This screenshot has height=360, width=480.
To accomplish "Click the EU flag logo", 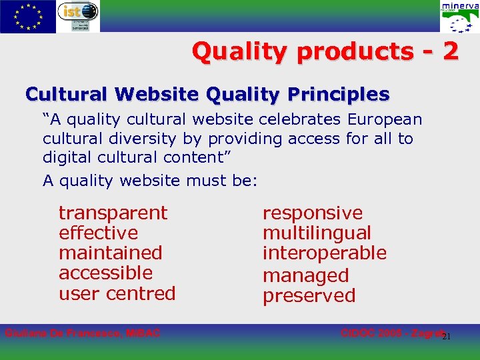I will click(x=28, y=16).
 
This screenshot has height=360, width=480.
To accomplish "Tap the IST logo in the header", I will click(x=78, y=16).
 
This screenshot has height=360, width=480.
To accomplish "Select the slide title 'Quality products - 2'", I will click(x=325, y=51).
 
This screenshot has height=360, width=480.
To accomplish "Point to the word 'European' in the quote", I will click(x=385, y=119).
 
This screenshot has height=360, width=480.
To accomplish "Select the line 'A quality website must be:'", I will click(x=149, y=180).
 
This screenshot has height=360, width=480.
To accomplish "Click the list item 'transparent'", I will click(x=113, y=213).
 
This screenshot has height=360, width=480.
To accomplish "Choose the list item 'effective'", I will click(x=98, y=233).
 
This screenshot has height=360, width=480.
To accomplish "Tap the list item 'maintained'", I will click(x=110, y=253).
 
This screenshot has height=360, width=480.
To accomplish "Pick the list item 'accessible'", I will click(x=105, y=273).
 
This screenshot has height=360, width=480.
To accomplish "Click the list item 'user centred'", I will click(x=117, y=293).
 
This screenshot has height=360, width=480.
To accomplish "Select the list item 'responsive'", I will click(x=313, y=213).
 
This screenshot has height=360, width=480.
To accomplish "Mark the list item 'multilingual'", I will click(x=317, y=233).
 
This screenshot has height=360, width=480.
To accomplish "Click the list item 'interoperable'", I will click(x=324, y=253).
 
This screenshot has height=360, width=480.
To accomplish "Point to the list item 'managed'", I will click(x=305, y=275).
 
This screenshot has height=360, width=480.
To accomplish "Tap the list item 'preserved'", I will click(x=309, y=295).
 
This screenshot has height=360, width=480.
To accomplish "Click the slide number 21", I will click(x=447, y=336).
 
